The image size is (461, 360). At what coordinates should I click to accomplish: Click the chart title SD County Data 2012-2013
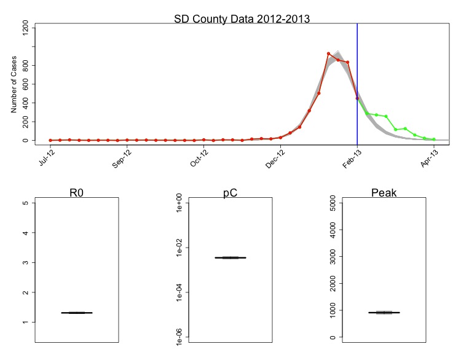pos(242,18)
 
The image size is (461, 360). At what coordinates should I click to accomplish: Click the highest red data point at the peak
pos(329,54)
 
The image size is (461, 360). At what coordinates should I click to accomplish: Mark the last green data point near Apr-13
pos(434,139)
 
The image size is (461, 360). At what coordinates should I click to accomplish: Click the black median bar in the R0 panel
pos(77,313)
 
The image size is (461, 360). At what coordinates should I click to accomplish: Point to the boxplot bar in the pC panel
pos(230,257)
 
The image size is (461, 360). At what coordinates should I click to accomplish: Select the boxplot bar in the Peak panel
pos(384,312)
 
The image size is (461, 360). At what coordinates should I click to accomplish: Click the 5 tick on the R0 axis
pos(25,203)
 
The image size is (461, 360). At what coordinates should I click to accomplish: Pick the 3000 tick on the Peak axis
pos(333,256)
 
